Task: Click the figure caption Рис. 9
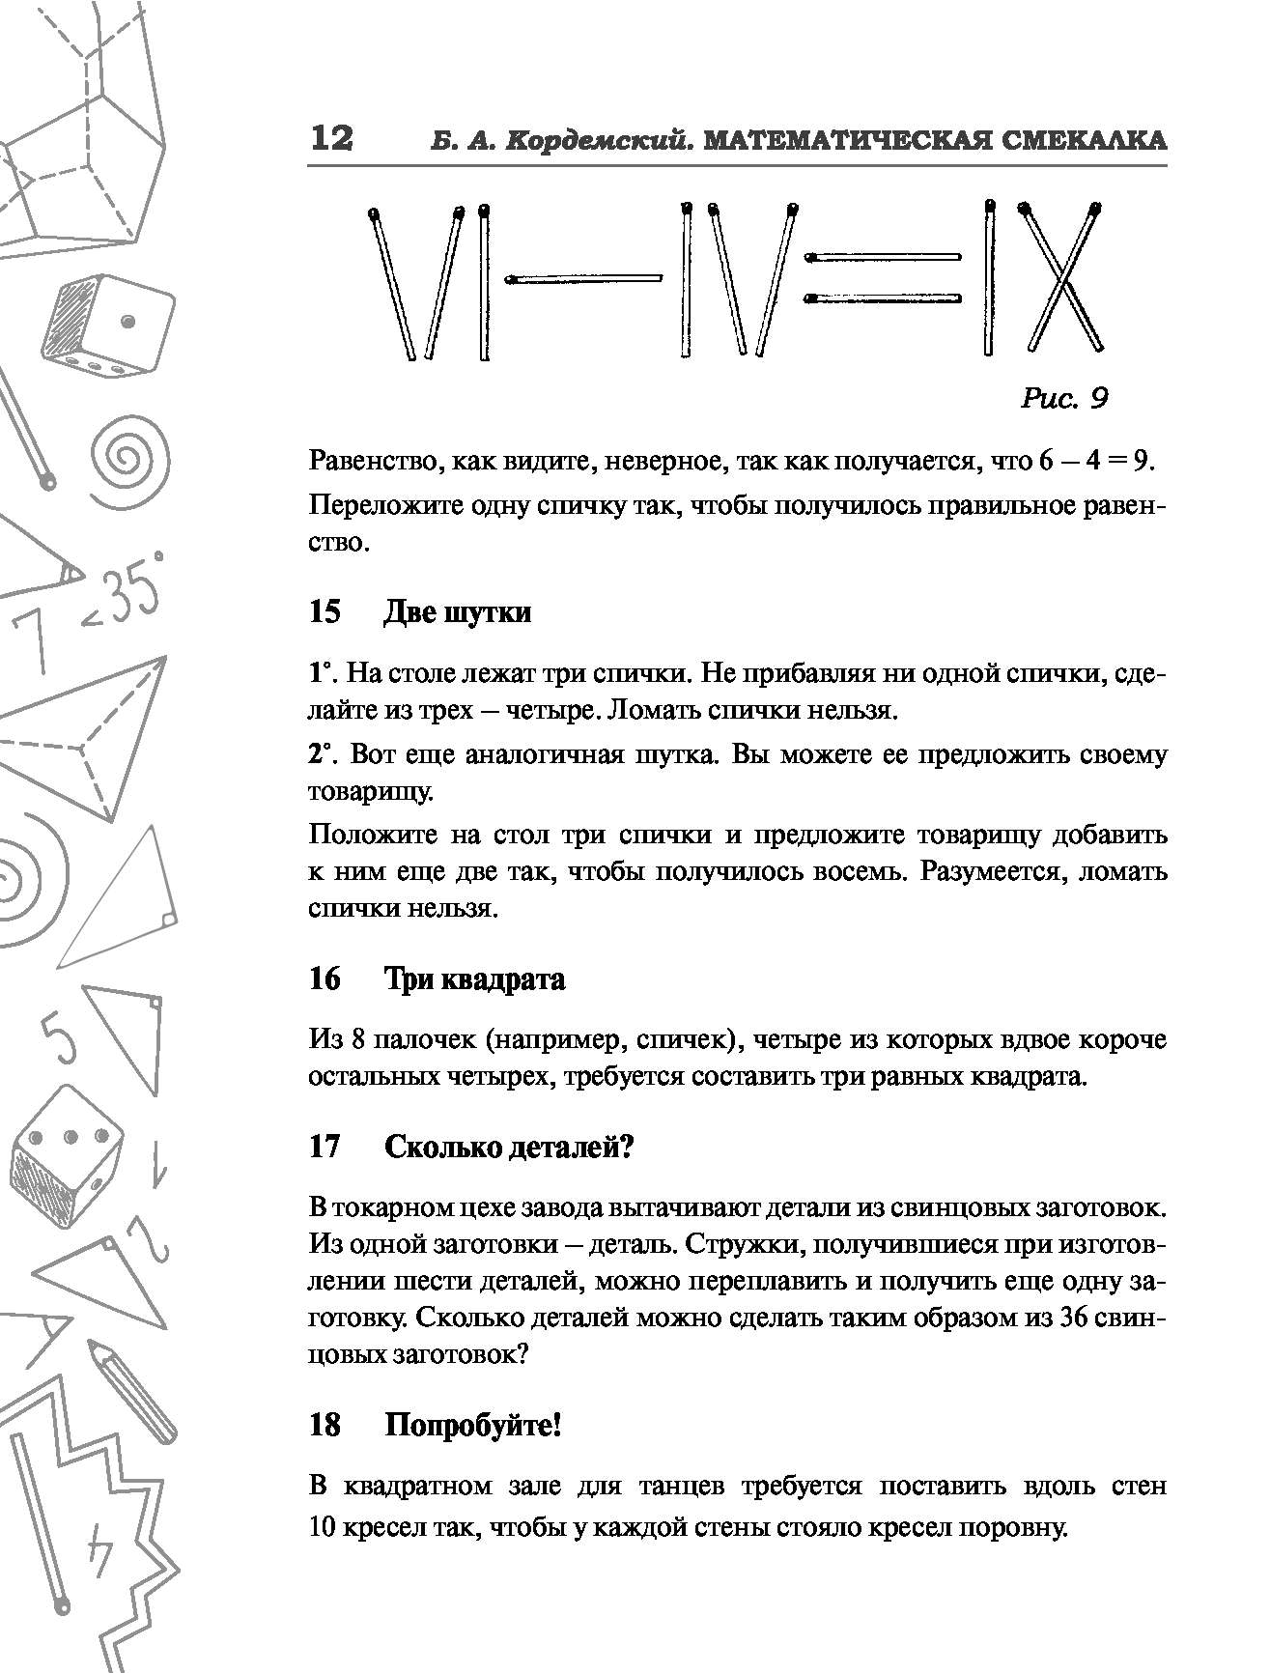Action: [x=1063, y=397]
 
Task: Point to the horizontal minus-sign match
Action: [x=585, y=279]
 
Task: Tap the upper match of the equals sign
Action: [x=884, y=257]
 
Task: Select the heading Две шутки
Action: [x=457, y=612]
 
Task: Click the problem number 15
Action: [x=325, y=612]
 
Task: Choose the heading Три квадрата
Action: [x=474, y=979]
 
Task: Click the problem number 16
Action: [x=325, y=979]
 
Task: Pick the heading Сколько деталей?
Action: [x=509, y=1147]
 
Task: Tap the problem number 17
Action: [x=325, y=1147]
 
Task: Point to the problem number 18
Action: [x=325, y=1425]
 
